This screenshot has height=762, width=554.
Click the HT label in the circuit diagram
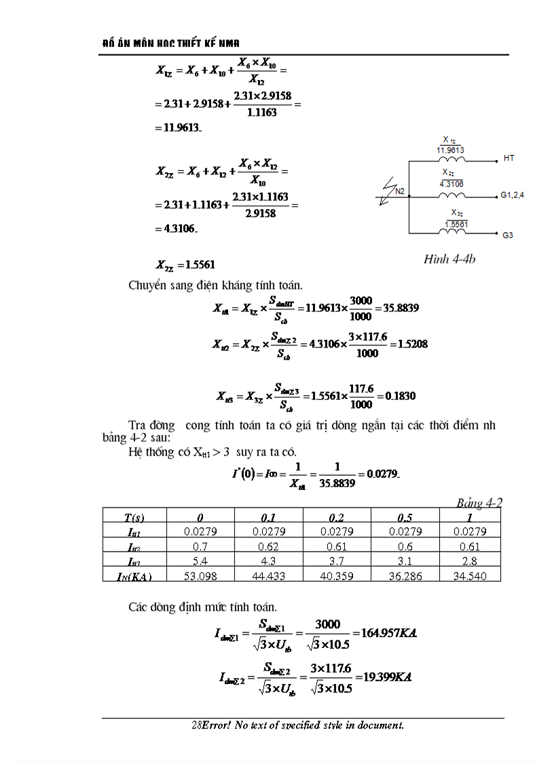pyautogui.click(x=509, y=158)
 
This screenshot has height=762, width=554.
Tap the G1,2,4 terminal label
pyautogui.click(x=513, y=195)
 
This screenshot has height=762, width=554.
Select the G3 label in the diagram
pyautogui.click(x=508, y=235)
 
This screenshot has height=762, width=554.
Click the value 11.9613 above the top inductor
pyautogui.click(x=450, y=151)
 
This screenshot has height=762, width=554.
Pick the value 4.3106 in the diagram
pyautogui.click(x=451, y=183)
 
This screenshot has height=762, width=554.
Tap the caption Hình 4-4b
pyautogui.click(x=449, y=259)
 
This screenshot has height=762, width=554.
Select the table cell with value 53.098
pyautogui.click(x=200, y=576)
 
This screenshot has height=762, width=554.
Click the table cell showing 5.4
pyautogui.click(x=200, y=561)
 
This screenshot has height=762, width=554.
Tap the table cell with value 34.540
pyautogui.click(x=469, y=576)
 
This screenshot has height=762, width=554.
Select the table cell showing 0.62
pyautogui.click(x=268, y=546)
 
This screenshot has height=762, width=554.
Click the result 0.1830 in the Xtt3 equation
pyautogui.click(x=401, y=396)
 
